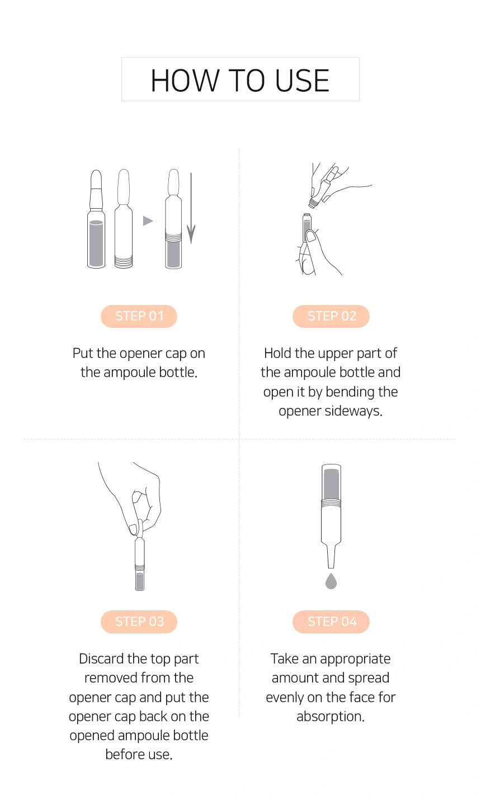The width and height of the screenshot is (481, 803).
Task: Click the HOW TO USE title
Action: pos(240,80)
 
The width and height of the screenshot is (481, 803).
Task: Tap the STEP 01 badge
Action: pos(139,316)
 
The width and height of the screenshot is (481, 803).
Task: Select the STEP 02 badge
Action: pos(331,316)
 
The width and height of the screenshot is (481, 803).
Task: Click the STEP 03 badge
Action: pos(139,622)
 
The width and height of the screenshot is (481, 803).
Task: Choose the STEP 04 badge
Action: pos(331,622)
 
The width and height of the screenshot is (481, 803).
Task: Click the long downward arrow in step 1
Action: pos(191,208)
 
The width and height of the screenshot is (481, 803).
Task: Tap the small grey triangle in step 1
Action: pos(148,221)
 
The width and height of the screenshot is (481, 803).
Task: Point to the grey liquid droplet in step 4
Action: pos(331,581)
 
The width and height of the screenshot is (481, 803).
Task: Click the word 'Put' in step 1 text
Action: pos(83,354)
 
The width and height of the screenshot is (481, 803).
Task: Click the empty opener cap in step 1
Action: pos(123,219)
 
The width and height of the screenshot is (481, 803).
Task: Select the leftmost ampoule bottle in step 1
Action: pos(96,219)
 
